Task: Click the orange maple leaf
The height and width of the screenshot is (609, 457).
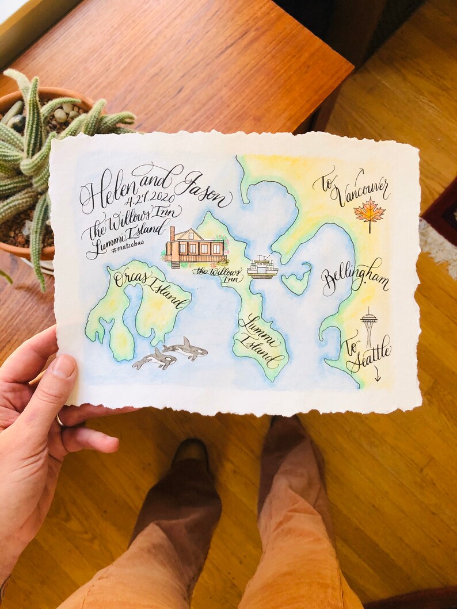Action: (x=370, y=211)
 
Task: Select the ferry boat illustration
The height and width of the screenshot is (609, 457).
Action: (x=262, y=267)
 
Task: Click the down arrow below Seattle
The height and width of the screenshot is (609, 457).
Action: (x=378, y=375)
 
